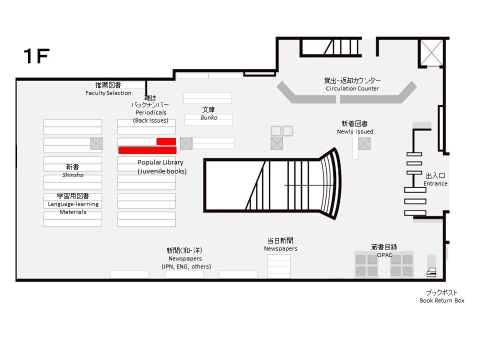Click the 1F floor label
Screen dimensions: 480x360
click(x=36, y=56)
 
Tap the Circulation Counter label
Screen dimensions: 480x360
click(x=352, y=88)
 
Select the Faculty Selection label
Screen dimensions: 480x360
click(x=108, y=93)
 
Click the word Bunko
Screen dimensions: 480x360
click(x=209, y=117)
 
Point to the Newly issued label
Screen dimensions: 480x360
click(x=355, y=131)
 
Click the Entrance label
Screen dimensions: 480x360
click(x=435, y=183)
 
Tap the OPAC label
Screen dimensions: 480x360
click(x=384, y=255)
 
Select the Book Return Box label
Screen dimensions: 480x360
click(x=441, y=300)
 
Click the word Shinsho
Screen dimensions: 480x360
click(x=73, y=175)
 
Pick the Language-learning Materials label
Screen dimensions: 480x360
click(x=73, y=208)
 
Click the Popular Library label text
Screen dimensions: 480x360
click(x=160, y=162)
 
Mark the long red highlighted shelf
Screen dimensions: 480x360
click(x=147, y=150)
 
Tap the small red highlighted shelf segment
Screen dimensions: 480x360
click(x=166, y=141)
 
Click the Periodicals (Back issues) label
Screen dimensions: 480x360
click(x=151, y=116)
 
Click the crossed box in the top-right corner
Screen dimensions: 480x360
click(x=431, y=52)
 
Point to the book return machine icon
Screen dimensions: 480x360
click(x=431, y=272)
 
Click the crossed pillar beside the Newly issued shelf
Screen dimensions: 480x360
click(x=364, y=143)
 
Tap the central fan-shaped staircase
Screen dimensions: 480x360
click(x=272, y=185)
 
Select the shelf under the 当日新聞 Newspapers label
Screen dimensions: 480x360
click(x=279, y=266)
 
